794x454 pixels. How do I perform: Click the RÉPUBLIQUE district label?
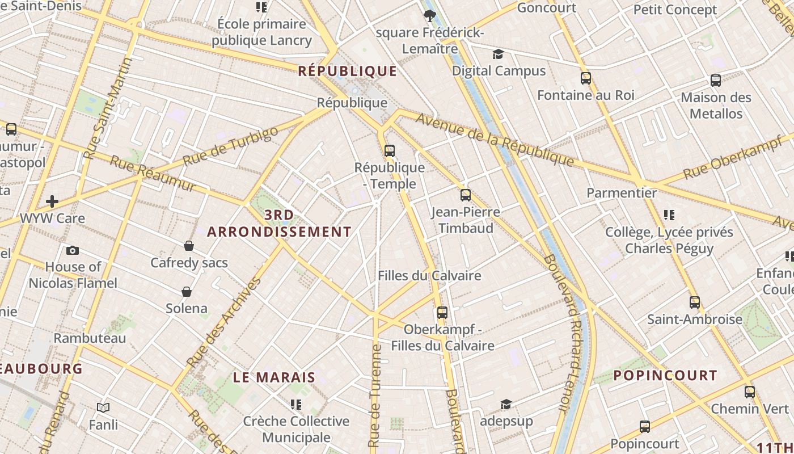pyautogui.click(x=348, y=71)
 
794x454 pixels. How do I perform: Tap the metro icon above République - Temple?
pyautogui.click(x=389, y=151)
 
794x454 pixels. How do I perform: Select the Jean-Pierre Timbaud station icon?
pyautogui.click(x=466, y=195)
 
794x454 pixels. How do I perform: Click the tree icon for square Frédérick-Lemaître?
pyautogui.click(x=430, y=16)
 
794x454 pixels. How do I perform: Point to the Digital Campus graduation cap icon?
pyautogui.click(x=498, y=54)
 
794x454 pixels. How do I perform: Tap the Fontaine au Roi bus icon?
pyautogui.click(x=586, y=78)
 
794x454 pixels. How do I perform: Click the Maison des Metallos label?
pyautogui.click(x=716, y=106)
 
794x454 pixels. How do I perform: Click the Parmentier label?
pyautogui.click(x=622, y=193)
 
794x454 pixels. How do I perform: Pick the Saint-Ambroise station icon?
pyautogui.click(x=695, y=302)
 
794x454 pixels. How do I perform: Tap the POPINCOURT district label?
pyautogui.click(x=665, y=376)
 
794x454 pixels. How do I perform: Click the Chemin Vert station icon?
pyautogui.click(x=750, y=392)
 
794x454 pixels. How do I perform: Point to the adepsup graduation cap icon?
pyautogui.click(x=506, y=404)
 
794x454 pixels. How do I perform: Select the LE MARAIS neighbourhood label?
pyautogui.click(x=274, y=377)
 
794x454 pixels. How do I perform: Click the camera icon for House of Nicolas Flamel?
pyautogui.click(x=73, y=250)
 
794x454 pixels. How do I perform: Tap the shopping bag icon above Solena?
pyautogui.click(x=187, y=292)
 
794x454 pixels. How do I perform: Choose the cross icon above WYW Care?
pyautogui.click(x=52, y=201)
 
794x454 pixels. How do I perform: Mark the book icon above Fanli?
pyautogui.click(x=103, y=407)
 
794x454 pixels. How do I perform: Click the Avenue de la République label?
pyautogui.click(x=495, y=140)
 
